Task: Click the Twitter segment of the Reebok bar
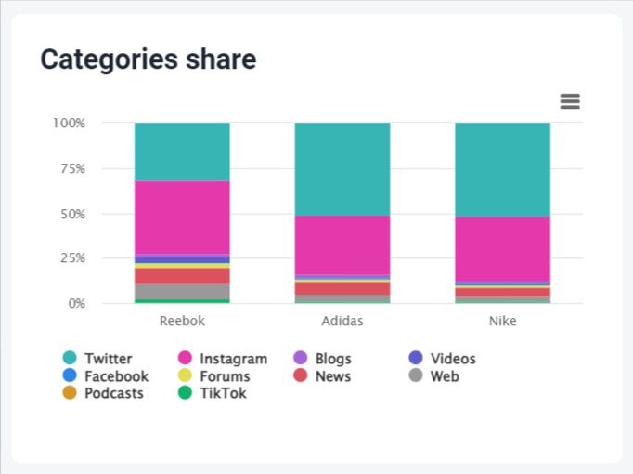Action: [182, 151]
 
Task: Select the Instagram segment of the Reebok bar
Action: [182, 217]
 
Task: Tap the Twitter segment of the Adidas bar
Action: [342, 168]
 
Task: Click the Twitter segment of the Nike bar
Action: [502, 169]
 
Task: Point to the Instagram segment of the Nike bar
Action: [502, 248]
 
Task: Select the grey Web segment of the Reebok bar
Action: [182, 291]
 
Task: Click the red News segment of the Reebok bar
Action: [182, 276]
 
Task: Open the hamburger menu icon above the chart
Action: [570, 101]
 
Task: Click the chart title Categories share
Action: [149, 59]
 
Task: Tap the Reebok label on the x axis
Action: [182, 321]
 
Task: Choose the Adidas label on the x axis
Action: [342, 321]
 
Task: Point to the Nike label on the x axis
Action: [502, 321]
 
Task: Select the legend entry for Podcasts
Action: [113, 393]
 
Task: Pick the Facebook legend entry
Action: [116, 376]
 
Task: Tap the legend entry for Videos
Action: [453, 359]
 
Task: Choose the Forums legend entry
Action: [225, 376]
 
